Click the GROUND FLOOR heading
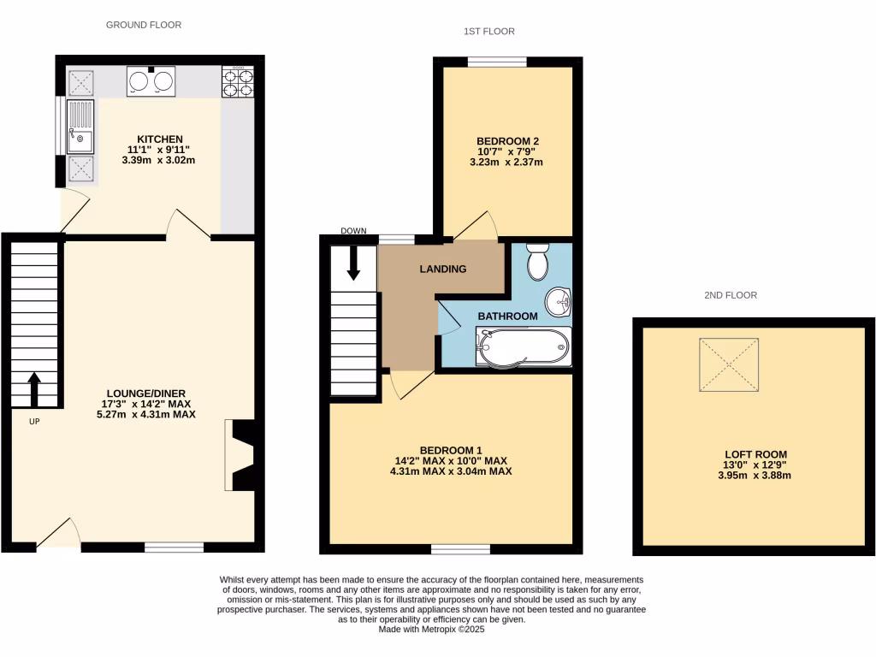coord(144,25)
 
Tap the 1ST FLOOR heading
coord(488,32)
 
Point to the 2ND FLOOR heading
coord(731,295)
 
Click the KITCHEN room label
coord(161,139)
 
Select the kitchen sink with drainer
coord(82,125)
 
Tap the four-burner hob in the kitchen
coord(239,82)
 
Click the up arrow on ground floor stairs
coord(34,389)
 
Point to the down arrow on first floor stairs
coord(353,263)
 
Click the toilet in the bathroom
coord(538,262)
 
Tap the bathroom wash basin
coord(560,300)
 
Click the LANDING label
coord(442,269)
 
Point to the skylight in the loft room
coord(730,365)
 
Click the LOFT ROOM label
coord(755,454)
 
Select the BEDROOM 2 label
coord(507,141)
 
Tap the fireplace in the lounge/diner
coord(240,455)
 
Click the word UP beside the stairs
coord(34,421)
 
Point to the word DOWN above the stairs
coord(353,231)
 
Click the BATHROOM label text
coord(507,317)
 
